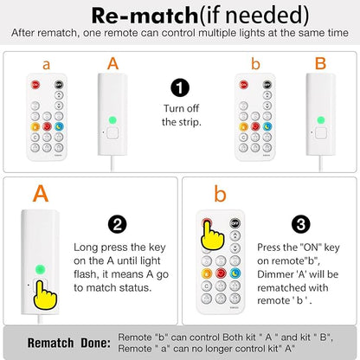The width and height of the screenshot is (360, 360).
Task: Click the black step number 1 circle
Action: pos(180,88)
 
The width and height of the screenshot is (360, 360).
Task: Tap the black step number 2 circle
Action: pos(118,224)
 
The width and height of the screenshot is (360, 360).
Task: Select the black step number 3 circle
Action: pos(301,224)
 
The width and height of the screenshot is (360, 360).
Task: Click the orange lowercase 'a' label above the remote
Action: pos(46,65)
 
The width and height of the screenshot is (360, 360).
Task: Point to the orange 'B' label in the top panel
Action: pos(320,63)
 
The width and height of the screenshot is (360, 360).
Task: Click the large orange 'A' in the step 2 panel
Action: pos(41,194)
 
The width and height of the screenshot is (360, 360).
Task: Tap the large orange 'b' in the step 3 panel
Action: pos(220,194)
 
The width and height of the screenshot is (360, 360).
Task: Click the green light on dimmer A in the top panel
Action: pos(112,120)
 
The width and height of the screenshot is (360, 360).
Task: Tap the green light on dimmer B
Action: pos(321,120)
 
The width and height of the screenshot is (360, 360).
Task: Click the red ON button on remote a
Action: pos(35,85)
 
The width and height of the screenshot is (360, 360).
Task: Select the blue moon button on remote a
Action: pos(59,126)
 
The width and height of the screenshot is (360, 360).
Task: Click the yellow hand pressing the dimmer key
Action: pos(45,295)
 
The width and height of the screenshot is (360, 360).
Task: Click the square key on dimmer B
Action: pos(321,133)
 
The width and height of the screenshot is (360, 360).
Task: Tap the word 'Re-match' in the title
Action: pos(145,16)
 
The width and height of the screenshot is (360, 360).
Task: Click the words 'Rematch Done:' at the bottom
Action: pos(69,343)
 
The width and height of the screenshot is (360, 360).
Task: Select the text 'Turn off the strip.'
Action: pos(181,115)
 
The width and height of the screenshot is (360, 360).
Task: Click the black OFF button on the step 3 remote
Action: pos(235,223)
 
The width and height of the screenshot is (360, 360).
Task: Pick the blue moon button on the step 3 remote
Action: pos(235,273)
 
